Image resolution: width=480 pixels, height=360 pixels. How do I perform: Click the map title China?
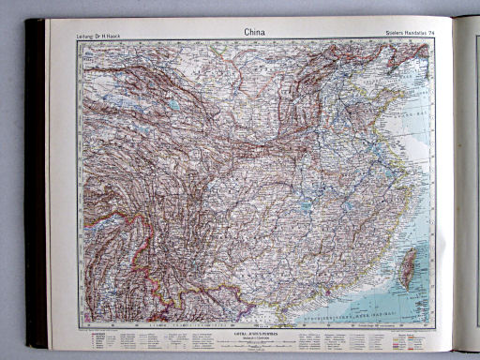pyautogui.click(x=254, y=32)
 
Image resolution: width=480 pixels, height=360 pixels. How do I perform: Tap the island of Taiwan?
pyautogui.click(x=408, y=267)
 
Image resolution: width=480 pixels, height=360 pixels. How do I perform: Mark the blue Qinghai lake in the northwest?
pyautogui.click(x=174, y=105)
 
